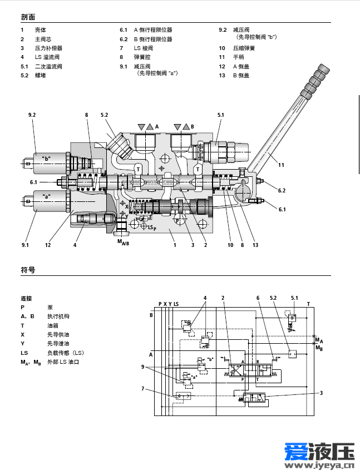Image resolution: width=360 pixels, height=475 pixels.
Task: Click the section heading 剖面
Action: (28, 17)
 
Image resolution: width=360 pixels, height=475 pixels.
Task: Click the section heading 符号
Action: (28, 270)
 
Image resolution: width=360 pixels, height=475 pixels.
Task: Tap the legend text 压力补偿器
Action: (48, 48)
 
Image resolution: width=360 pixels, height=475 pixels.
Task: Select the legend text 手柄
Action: (239, 57)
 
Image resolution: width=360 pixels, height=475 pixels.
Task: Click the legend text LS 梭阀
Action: (144, 48)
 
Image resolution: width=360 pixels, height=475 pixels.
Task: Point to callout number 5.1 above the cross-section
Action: (220, 115)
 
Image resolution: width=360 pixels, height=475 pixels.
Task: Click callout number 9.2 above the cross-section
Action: (32, 115)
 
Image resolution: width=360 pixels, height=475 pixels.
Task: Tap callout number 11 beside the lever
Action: (281, 165)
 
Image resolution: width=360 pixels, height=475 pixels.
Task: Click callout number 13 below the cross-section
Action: (255, 245)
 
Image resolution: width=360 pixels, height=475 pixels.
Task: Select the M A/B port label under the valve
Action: (124, 242)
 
